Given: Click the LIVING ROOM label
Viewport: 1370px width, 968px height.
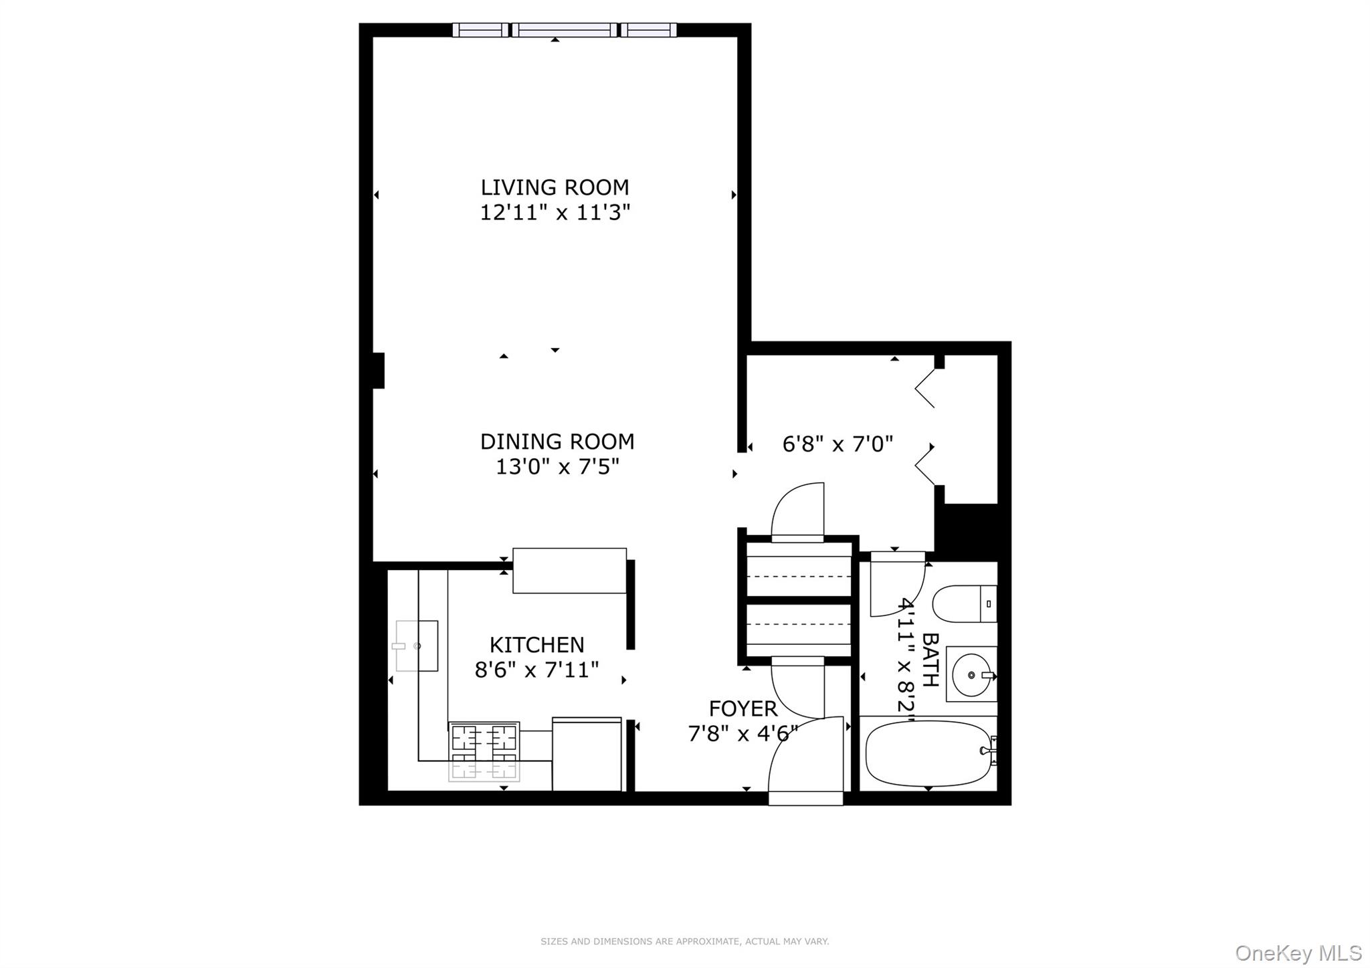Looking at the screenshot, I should point(555,187).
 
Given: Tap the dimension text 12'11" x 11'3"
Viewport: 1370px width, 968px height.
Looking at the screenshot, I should point(555,213).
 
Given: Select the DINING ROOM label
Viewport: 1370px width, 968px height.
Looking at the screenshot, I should point(557,442).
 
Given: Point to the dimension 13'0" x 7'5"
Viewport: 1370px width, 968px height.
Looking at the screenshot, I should point(557,467).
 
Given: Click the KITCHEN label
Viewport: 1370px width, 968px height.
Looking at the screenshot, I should point(536,645).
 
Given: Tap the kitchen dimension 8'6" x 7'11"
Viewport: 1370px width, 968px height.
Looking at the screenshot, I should point(536,670).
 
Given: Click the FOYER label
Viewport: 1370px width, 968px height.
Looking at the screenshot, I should point(743,708).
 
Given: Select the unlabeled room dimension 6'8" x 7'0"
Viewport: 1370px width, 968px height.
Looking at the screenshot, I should point(838,444).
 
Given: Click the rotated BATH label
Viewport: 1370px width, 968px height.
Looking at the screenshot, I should point(930,660).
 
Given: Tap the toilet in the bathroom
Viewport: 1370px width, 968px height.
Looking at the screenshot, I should point(963,603).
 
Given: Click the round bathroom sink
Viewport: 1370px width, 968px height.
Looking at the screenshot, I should point(971,674).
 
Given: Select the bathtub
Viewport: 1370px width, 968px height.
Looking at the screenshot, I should point(928,754).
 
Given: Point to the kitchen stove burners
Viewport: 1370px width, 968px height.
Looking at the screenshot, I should point(484,751).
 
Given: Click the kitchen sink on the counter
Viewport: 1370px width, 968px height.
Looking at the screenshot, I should point(416,646).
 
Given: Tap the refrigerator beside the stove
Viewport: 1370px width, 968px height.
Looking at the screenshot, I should point(587,754).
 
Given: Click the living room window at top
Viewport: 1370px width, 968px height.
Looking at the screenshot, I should point(564,30).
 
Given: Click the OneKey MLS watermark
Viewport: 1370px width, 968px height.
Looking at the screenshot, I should point(1298,953).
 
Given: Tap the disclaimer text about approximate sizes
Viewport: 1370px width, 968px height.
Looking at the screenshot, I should point(684,941).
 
